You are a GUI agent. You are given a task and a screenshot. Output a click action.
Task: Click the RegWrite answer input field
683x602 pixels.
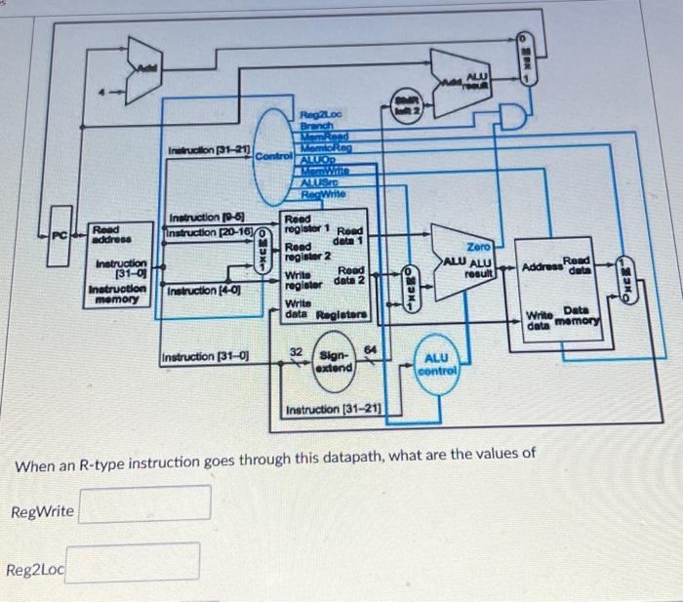point(144,504)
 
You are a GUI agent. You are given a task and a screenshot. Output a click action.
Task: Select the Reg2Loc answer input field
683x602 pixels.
point(133,562)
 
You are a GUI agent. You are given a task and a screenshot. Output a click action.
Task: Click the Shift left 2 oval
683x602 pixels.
point(408,109)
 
